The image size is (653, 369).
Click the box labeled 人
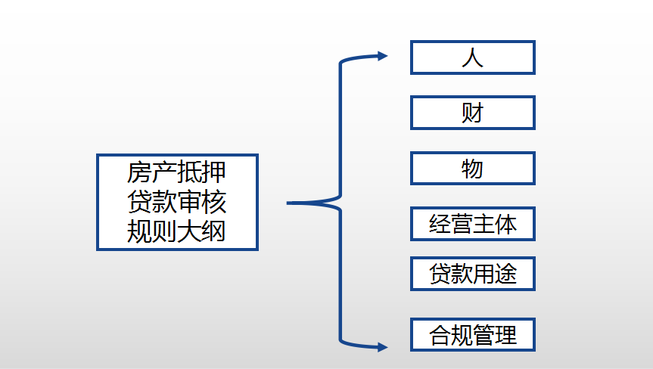click(x=473, y=57)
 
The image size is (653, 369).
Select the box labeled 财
click(x=473, y=113)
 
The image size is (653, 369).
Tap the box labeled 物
click(x=473, y=169)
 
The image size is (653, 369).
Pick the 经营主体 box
click(x=473, y=224)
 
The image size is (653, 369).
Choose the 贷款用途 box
click(x=473, y=273)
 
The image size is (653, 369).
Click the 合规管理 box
click(x=473, y=334)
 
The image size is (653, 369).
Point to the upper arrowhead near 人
click(x=381, y=56)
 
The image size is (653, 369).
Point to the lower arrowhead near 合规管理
click(x=381, y=347)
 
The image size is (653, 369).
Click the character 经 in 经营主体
click(x=440, y=224)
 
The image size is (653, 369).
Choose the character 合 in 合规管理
click(x=440, y=334)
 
